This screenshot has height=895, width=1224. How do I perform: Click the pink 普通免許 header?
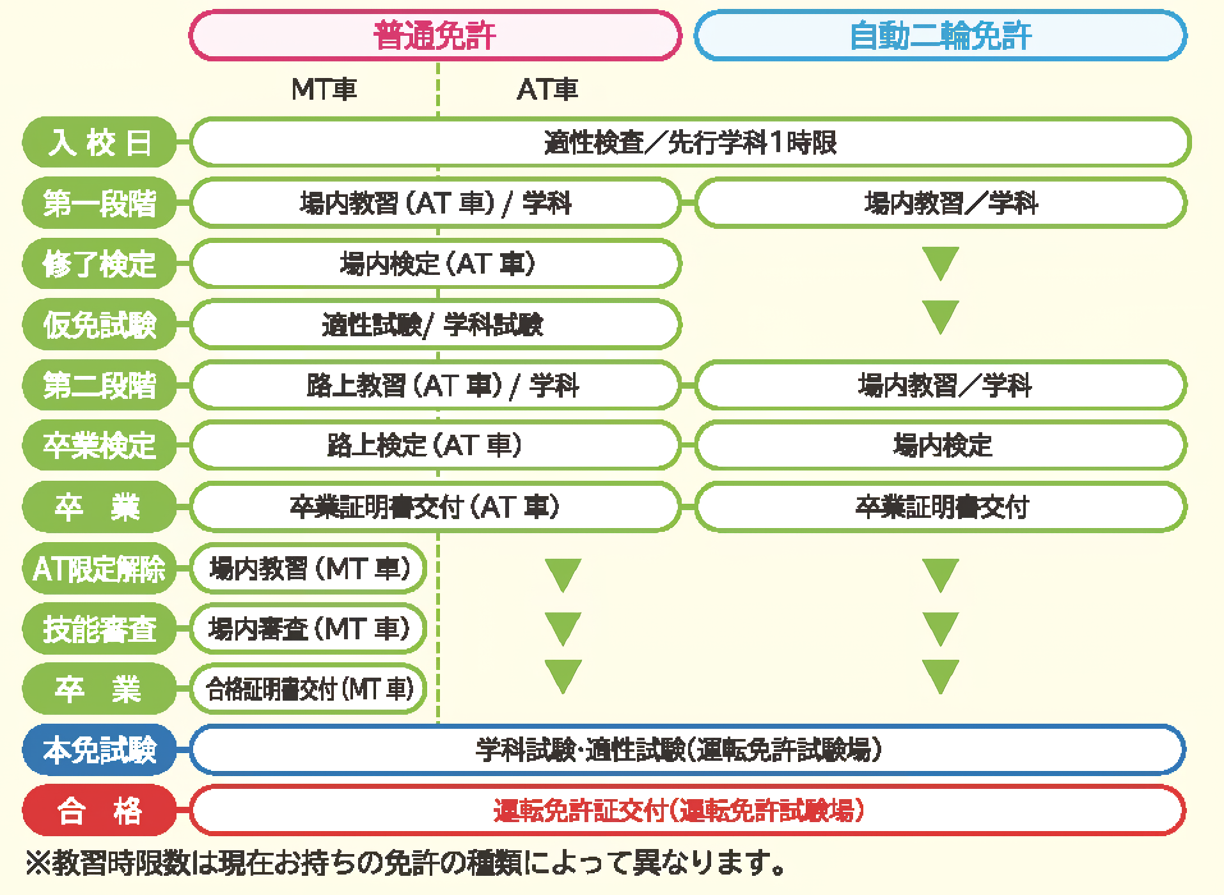pos(435,35)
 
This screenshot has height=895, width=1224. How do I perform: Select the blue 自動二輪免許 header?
pos(940,35)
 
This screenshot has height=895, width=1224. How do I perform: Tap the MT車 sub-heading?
pos(324,89)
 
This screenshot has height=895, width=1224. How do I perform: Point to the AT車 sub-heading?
pos(547,89)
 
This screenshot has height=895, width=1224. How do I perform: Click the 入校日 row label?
pos(99,142)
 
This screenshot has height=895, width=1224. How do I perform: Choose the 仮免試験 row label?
pos(99,325)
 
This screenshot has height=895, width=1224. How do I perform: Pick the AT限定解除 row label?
pos(99,568)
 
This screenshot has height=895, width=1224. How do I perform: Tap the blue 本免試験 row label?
pos(99,750)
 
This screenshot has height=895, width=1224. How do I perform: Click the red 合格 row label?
pos(99,811)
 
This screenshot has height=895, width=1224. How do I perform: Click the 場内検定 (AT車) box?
pos(435,263)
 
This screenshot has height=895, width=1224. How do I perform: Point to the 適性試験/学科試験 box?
pos(435,325)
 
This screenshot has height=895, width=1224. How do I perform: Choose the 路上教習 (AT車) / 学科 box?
pos(435,385)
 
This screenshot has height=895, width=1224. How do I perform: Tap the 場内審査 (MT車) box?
pos(308,629)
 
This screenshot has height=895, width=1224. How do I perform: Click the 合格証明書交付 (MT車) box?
pos(308,689)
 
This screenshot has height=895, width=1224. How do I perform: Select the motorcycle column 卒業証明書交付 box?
pos(941,507)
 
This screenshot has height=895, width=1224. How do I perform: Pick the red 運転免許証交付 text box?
pos(687,811)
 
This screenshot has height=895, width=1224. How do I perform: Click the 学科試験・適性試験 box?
pos(687,750)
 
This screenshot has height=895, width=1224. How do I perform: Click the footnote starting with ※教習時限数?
pos(405,864)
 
